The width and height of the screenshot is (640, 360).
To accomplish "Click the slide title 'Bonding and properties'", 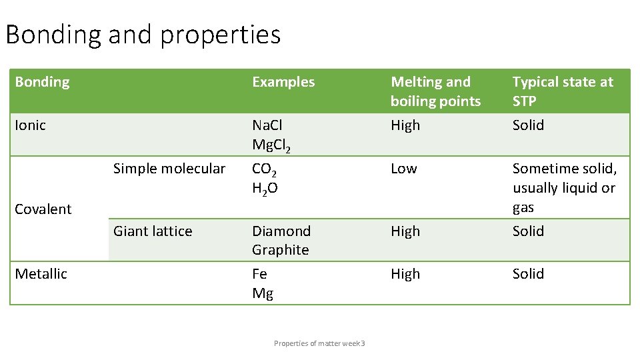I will click(x=143, y=35).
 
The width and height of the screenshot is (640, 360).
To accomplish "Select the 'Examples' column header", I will click(x=283, y=82).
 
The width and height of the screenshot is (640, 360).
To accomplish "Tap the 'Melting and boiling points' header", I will click(x=435, y=91).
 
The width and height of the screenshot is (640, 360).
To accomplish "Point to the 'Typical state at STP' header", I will click(x=563, y=91).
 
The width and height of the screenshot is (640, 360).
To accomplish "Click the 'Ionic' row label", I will click(x=31, y=125).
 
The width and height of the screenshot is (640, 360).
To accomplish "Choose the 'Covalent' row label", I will click(x=43, y=209).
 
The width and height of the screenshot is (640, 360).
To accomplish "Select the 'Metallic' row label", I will click(x=41, y=274).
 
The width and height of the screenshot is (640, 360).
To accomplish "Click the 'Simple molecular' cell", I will click(x=169, y=169).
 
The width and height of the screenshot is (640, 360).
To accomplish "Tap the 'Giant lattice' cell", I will click(x=153, y=231).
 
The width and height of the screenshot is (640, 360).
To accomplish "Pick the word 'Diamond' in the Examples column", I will click(x=281, y=231).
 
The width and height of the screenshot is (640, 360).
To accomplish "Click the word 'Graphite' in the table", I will click(x=281, y=250).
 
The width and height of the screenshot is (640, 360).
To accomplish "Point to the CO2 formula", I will click(x=265, y=169).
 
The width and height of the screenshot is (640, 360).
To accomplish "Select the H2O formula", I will click(x=265, y=189).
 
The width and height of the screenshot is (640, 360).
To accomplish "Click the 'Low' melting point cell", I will click(x=403, y=169).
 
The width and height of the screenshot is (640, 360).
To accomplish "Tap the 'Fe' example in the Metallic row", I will click(x=259, y=274).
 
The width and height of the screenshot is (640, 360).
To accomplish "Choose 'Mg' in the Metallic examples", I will click(x=263, y=293).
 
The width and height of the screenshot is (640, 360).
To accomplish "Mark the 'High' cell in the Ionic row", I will click(x=405, y=125).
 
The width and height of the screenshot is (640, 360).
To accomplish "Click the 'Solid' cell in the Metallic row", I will click(x=528, y=274).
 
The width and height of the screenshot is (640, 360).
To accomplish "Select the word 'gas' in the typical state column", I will click(x=523, y=207).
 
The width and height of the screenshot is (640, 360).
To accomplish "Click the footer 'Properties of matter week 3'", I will click(x=319, y=343).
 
